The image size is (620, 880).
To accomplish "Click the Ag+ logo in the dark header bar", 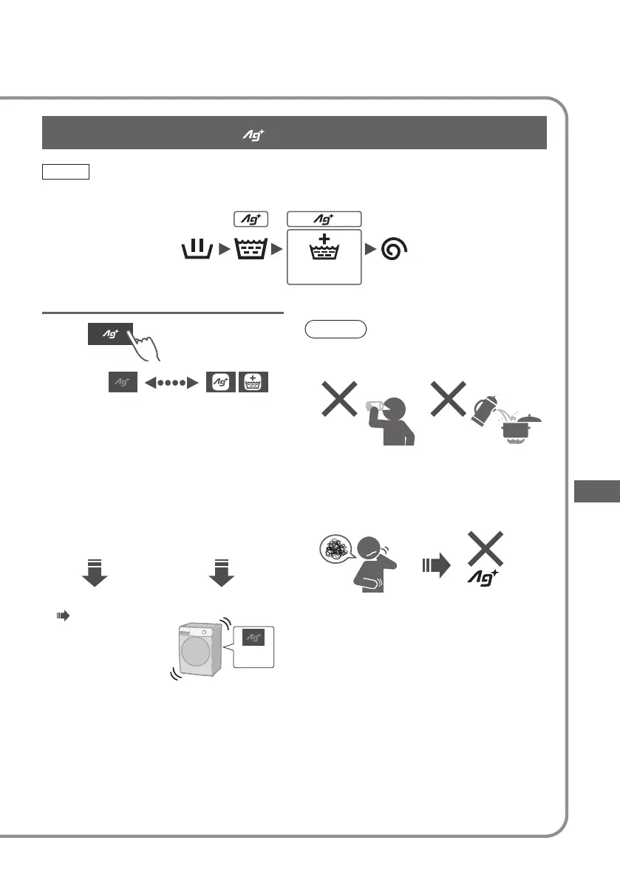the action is point(254,133).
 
